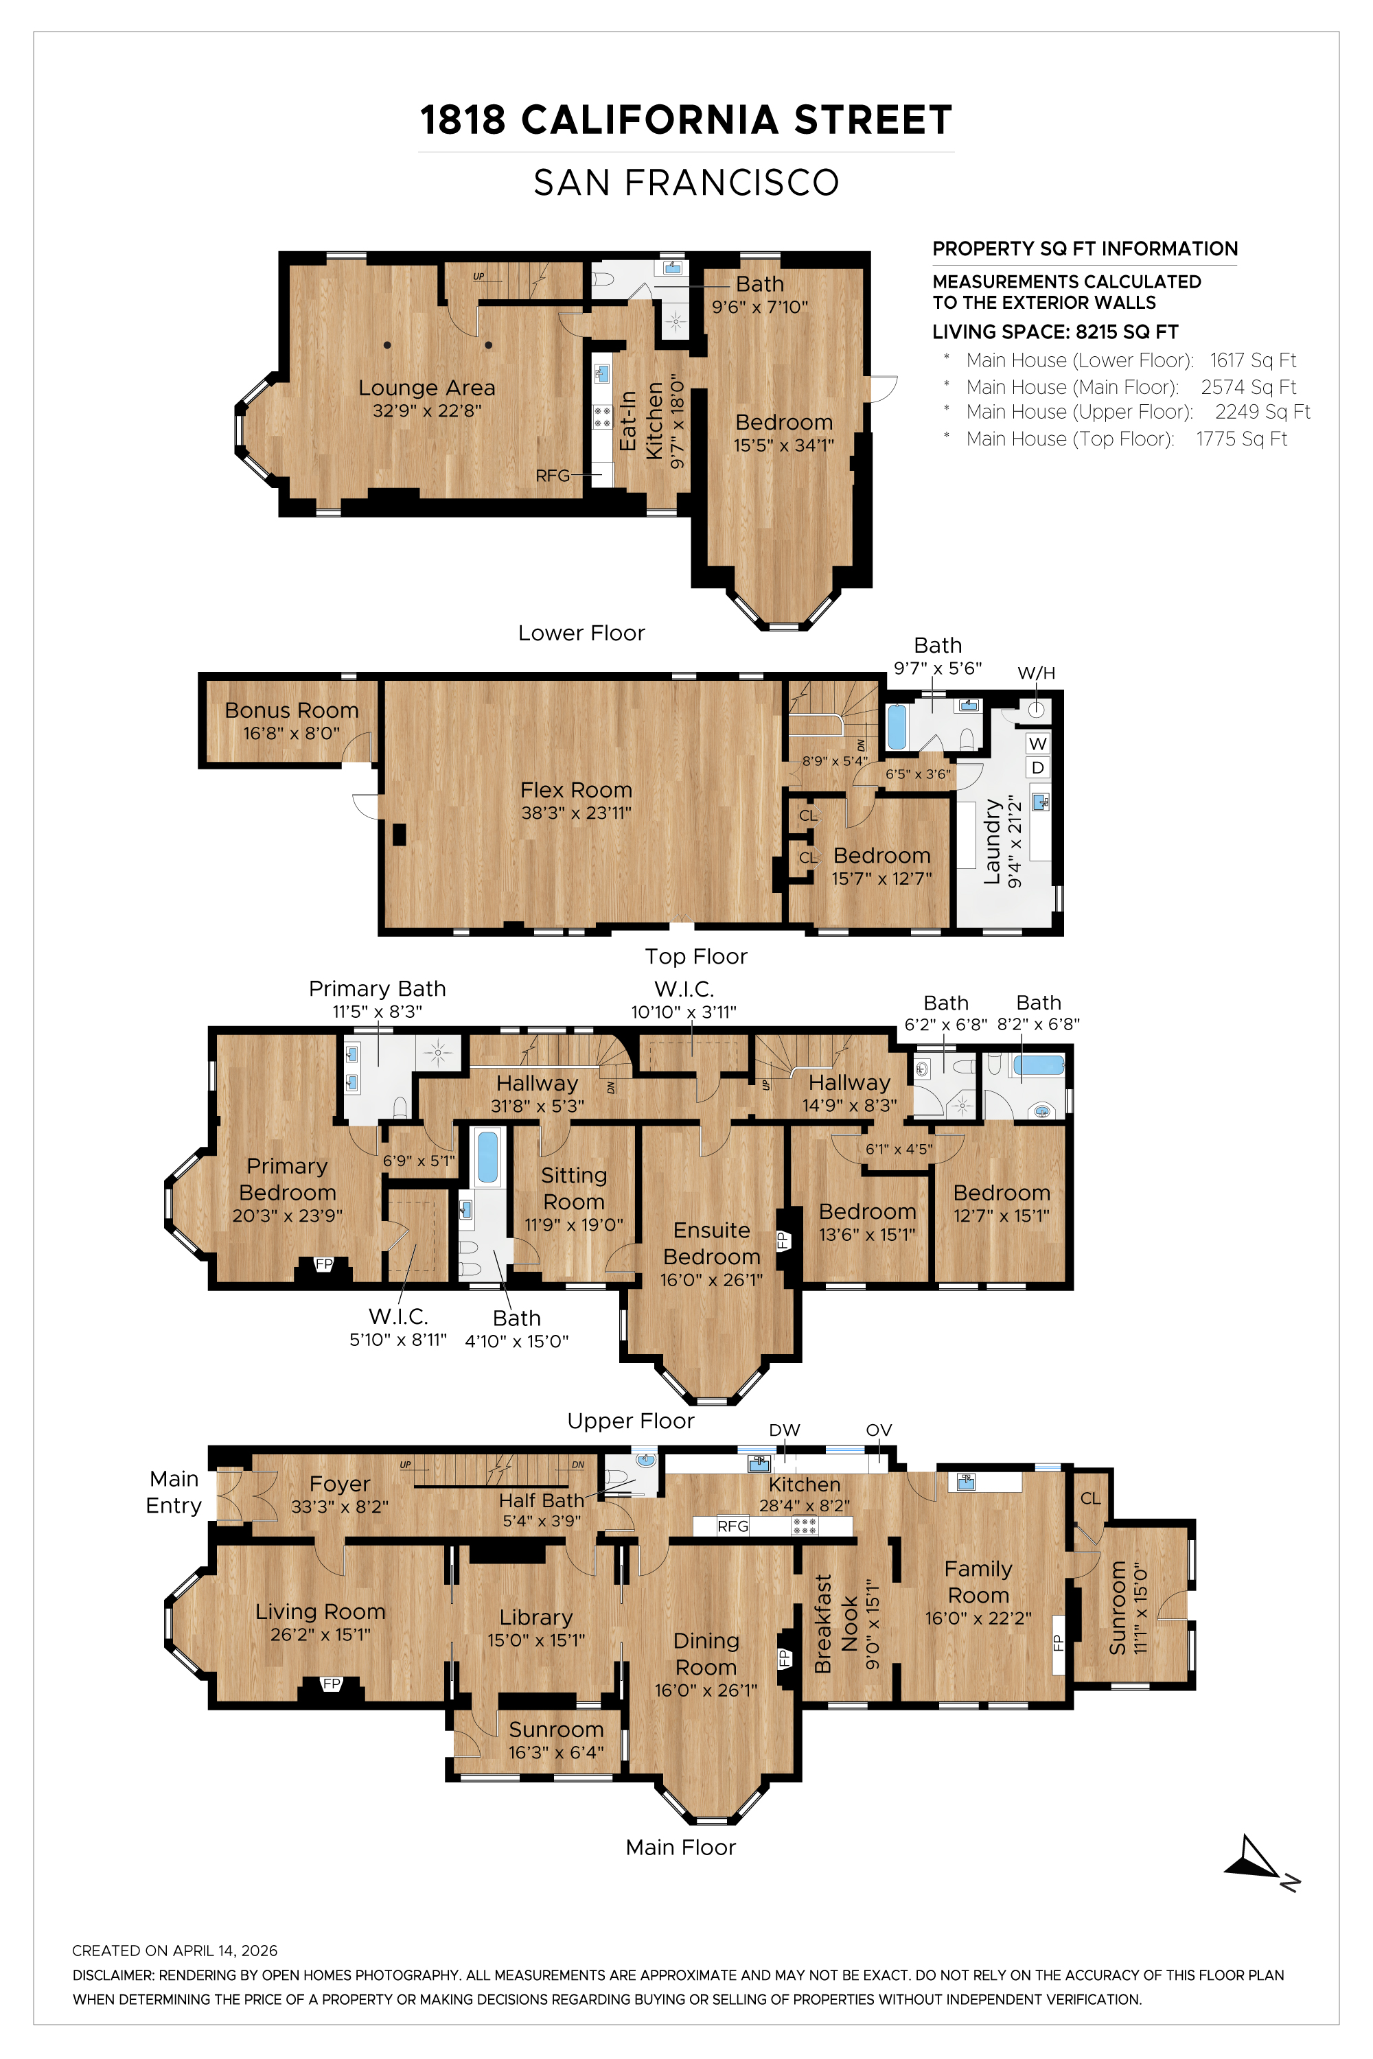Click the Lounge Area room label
[x=426, y=388]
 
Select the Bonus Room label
[x=292, y=710]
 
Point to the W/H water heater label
[x=1036, y=673]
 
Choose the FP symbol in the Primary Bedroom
[x=324, y=1264]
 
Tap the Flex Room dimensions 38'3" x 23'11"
[x=576, y=813]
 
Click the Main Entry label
[x=174, y=1491]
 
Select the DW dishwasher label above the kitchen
[x=785, y=1430]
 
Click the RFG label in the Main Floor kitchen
[x=733, y=1526]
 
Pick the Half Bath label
[x=541, y=1500]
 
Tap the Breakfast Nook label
[x=835, y=1624]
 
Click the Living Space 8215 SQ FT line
[x=1055, y=331]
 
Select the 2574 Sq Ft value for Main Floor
[x=1248, y=387]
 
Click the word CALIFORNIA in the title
[x=649, y=120]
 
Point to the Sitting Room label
[x=573, y=1188]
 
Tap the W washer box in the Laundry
[x=1037, y=743]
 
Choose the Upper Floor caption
[x=630, y=1420]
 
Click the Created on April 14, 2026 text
[x=174, y=1951]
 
